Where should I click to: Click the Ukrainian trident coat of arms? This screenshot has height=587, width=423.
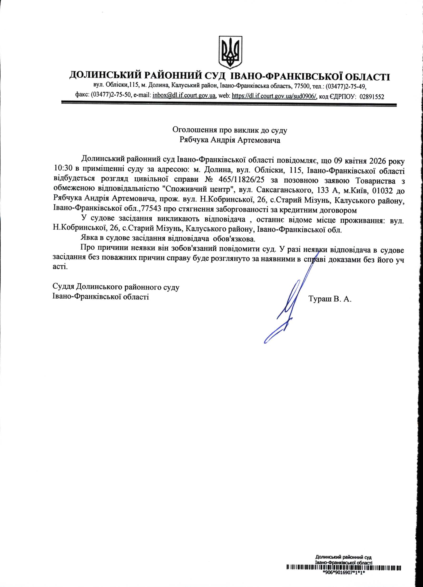click(230, 52)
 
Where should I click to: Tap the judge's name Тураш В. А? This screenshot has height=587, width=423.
click(330, 300)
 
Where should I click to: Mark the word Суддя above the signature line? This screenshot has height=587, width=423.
click(64, 287)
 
